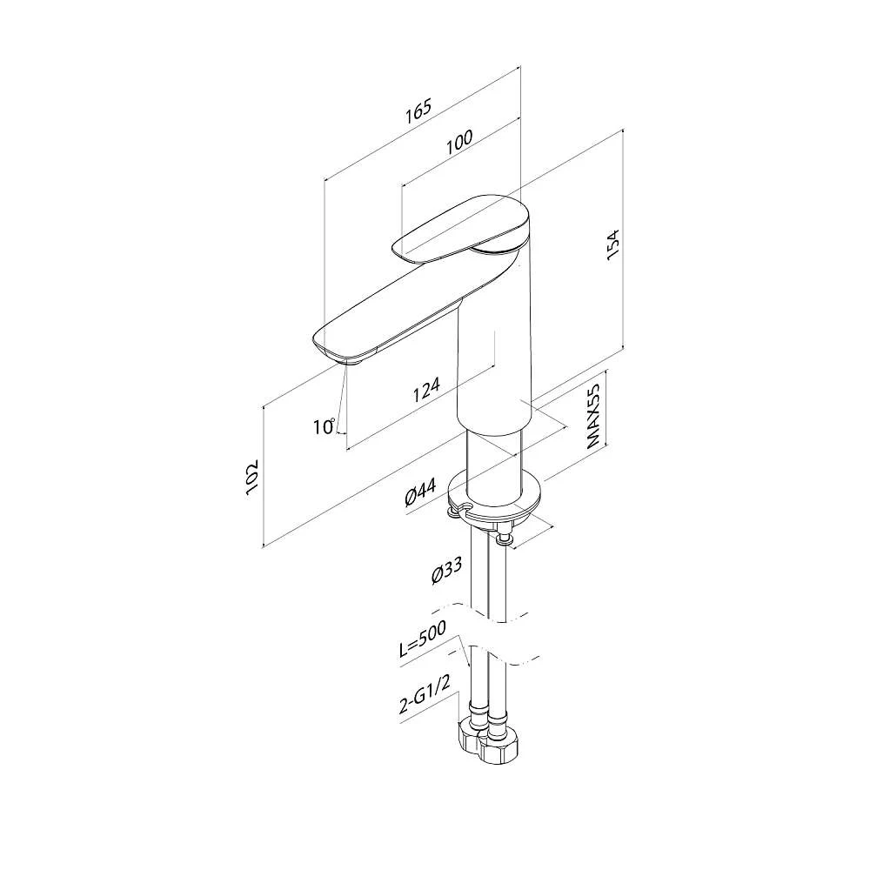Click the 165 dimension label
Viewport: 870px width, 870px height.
pyautogui.click(x=418, y=111)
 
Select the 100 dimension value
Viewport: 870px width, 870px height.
pyautogui.click(x=459, y=142)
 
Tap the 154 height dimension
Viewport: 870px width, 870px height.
pyautogui.click(x=612, y=244)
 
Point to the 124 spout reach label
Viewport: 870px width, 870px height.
pyautogui.click(x=426, y=390)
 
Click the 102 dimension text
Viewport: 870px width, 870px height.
pyautogui.click(x=252, y=477)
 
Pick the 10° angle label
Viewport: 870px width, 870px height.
pyautogui.click(x=324, y=426)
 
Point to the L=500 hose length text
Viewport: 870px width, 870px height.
pyautogui.click(x=422, y=639)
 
